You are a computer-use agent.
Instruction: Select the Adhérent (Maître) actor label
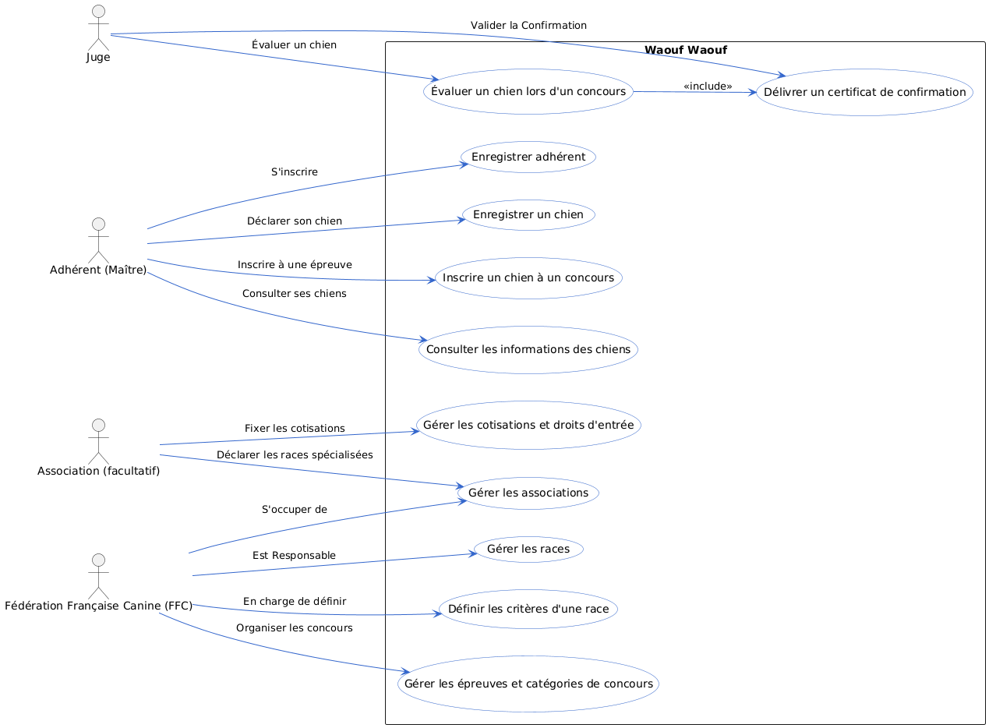[x=98, y=270]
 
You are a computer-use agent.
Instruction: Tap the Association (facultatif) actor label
[x=98, y=471]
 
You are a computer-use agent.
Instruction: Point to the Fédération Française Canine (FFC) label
[x=98, y=606]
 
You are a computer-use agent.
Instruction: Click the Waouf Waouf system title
[x=686, y=51]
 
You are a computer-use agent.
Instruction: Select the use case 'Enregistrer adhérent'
[x=528, y=157]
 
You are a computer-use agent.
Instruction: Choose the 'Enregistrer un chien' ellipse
[x=528, y=214]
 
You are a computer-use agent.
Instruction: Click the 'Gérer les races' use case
[x=528, y=549]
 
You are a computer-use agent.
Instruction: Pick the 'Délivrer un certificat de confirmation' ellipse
[x=864, y=92]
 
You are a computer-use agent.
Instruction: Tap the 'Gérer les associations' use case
[x=528, y=493]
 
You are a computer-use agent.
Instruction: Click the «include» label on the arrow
[x=708, y=86]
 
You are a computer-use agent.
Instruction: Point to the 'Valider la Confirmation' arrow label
[x=528, y=26]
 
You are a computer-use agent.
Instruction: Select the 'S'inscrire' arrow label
[x=295, y=171]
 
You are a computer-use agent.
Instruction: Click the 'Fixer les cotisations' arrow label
[x=295, y=429]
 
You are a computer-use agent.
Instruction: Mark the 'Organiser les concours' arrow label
[x=295, y=627]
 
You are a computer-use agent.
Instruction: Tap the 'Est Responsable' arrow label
[x=295, y=555]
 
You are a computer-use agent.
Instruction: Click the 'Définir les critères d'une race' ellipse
[x=528, y=608]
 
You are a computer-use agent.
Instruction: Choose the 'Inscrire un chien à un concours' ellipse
[x=528, y=277]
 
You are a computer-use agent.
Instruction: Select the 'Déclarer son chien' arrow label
[x=295, y=221]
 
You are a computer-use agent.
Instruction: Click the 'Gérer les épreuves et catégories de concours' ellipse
[x=528, y=684]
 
